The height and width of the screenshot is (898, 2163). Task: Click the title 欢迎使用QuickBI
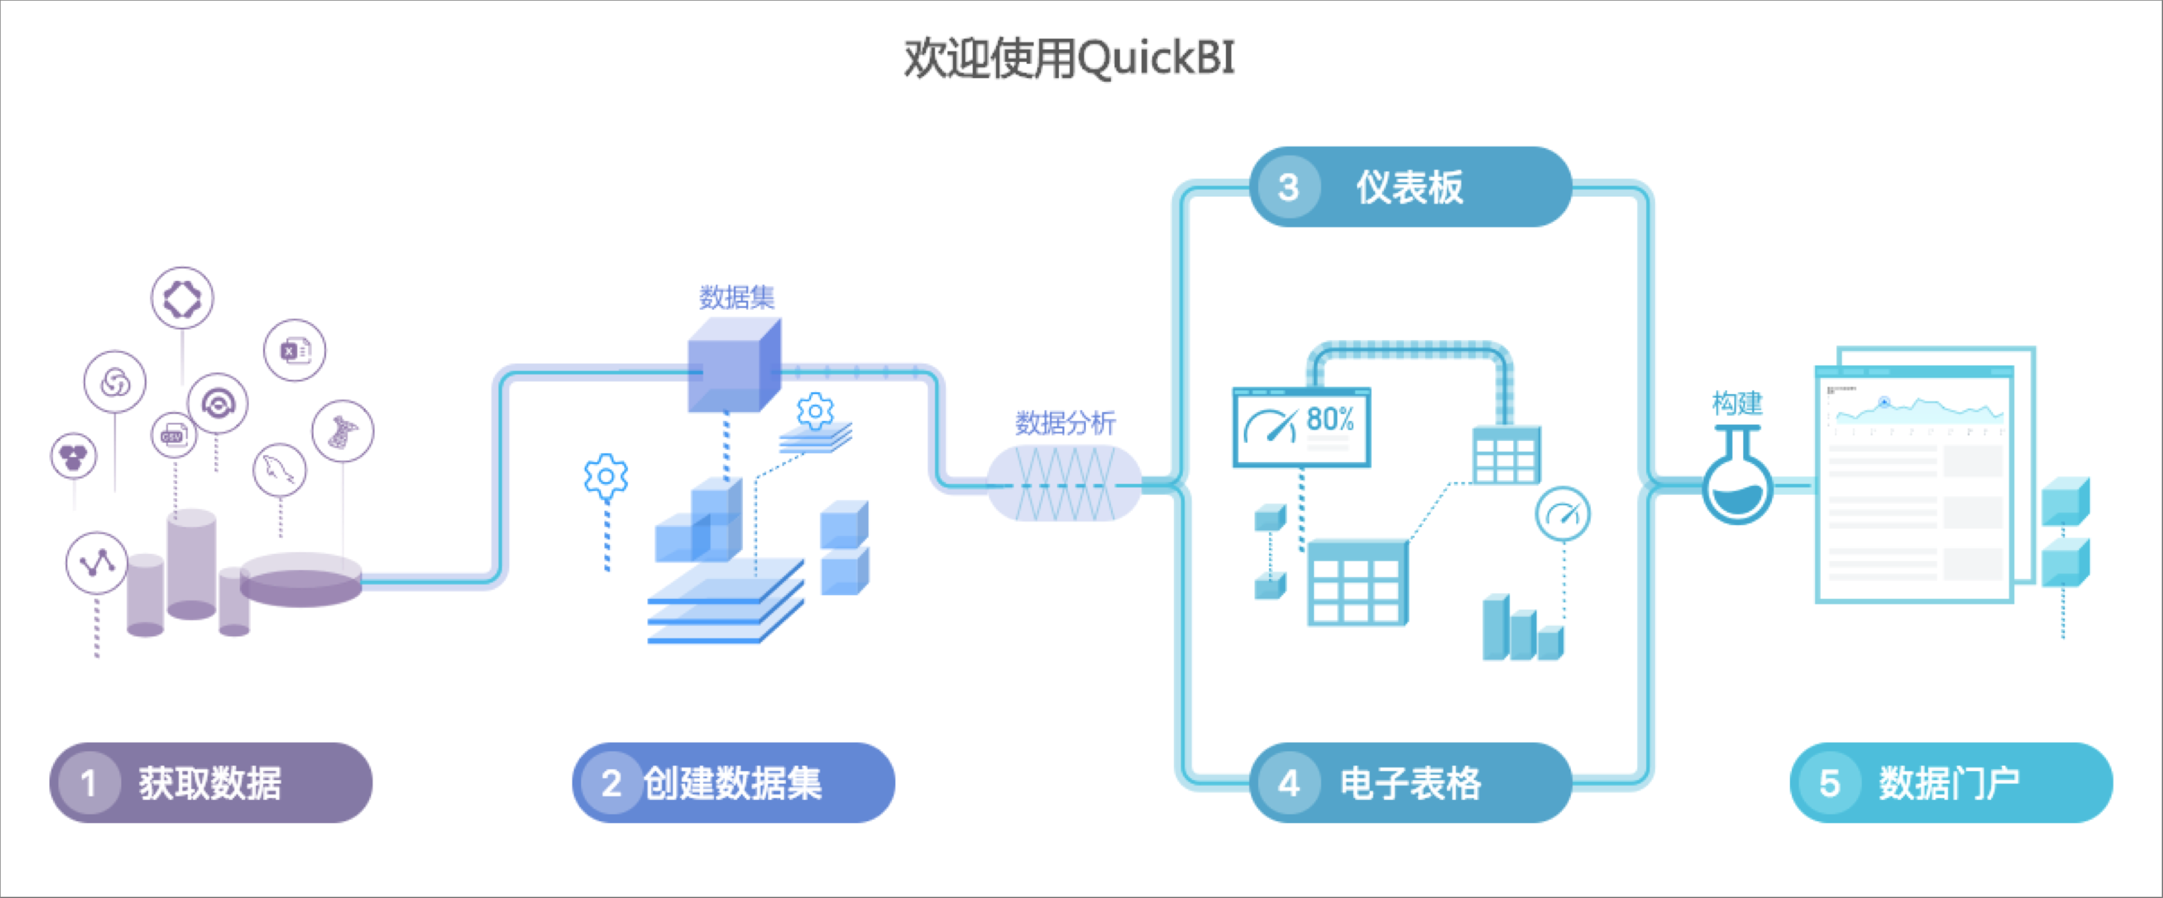tap(1069, 59)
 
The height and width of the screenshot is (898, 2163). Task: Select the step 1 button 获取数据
tap(210, 782)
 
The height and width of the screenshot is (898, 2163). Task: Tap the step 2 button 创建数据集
tap(733, 782)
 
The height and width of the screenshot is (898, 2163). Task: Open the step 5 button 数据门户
tap(1951, 782)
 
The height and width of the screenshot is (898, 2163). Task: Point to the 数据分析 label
tap(1065, 422)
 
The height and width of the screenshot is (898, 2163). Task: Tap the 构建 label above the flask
tap(1736, 403)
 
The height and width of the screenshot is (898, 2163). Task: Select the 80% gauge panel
tap(1301, 427)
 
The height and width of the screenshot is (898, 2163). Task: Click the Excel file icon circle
tap(294, 350)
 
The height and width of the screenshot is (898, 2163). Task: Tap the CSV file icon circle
tap(174, 435)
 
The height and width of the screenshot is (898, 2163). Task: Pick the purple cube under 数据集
tap(733, 366)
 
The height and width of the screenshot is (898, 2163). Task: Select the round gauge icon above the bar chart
tap(1562, 513)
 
